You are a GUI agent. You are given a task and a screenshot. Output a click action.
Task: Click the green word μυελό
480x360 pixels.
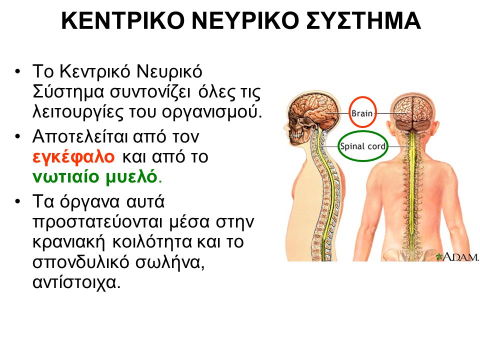[132, 176]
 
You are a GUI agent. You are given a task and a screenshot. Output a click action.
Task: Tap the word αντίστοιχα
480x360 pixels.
[75, 281]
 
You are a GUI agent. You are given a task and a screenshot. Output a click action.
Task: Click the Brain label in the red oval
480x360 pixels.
[361, 113]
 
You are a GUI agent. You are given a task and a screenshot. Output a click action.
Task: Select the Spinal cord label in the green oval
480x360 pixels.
[362, 146]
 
